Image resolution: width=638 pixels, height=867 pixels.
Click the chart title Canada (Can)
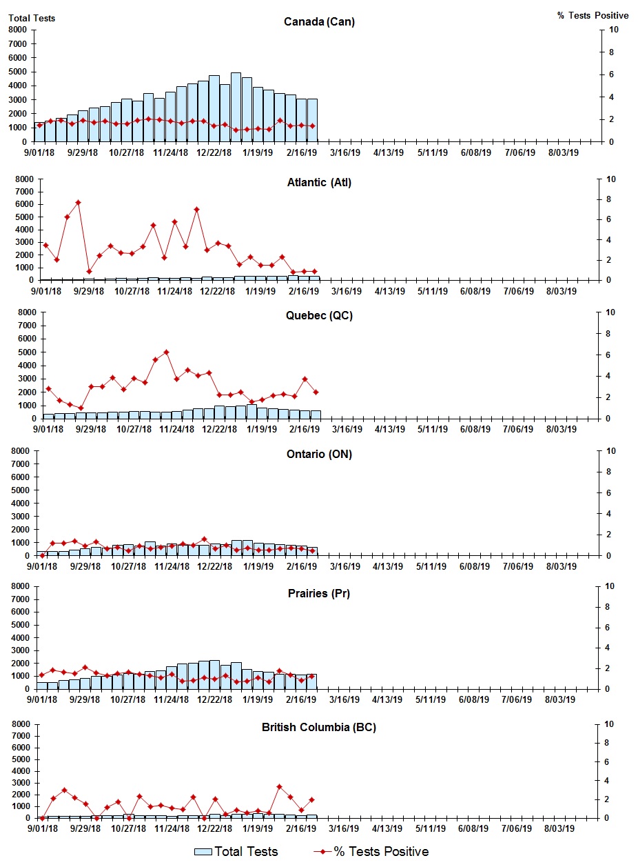pyautogui.click(x=319, y=22)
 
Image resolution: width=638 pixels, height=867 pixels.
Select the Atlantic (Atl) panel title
pyautogui.click(x=319, y=183)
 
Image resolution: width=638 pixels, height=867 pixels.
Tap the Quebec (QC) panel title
pyautogui.click(x=319, y=316)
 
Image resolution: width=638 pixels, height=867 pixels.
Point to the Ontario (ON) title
pyautogui.click(x=319, y=454)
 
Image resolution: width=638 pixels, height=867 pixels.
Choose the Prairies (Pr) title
pyautogui.click(x=319, y=593)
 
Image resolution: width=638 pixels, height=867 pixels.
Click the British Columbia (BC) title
pyautogui.click(x=319, y=728)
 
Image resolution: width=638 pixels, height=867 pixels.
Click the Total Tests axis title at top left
pyautogui.click(x=32, y=18)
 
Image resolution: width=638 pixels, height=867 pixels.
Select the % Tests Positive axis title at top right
pyautogui.click(x=593, y=15)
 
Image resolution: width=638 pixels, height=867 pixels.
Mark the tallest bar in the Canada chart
pyautogui.click(x=236, y=107)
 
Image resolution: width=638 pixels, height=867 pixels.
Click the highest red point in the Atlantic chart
pyautogui.click(x=78, y=203)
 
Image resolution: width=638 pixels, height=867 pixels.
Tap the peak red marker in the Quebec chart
pyautogui.click(x=166, y=352)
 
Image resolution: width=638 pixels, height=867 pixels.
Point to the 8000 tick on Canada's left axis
pyautogui.click(x=19, y=30)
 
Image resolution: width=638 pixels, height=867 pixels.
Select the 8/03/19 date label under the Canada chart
pyautogui.click(x=562, y=153)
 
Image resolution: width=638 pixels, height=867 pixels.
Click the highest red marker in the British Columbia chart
pyautogui.click(x=279, y=787)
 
